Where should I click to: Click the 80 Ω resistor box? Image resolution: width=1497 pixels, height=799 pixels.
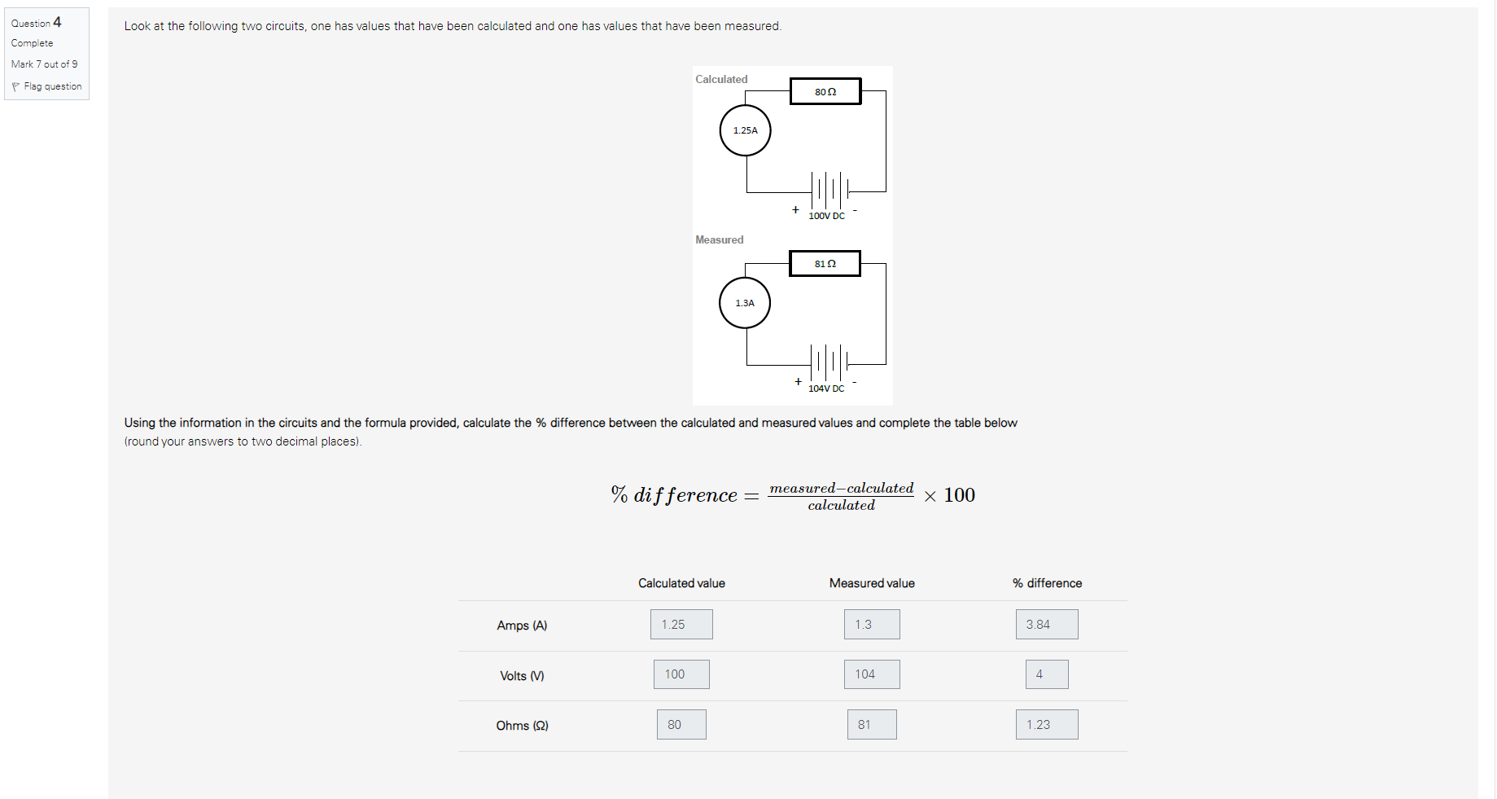click(x=825, y=91)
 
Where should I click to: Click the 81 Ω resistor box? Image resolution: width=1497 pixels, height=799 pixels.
click(x=825, y=264)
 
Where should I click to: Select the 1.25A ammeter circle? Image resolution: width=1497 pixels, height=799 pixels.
click(x=745, y=130)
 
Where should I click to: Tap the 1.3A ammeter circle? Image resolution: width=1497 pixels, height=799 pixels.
click(x=745, y=303)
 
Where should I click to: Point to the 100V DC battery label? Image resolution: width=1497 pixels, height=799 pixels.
click(x=826, y=216)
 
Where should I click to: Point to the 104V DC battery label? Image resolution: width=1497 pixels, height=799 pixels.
click(x=826, y=389)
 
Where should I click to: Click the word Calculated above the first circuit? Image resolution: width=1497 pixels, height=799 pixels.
click(x=721, y=79)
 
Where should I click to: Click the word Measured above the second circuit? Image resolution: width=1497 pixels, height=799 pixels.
click(x=719, y=239)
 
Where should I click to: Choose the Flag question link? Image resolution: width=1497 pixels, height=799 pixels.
click(x=52, y=86)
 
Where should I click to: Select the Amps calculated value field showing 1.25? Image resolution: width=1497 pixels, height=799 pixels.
click(x=681, y=625)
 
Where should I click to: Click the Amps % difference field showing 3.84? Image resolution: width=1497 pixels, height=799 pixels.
click(x=1047, y=625)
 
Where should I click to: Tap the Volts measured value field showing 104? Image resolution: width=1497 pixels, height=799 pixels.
click(x=872, y=674)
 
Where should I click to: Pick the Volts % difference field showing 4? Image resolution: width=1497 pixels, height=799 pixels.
click(x=1047, y=674)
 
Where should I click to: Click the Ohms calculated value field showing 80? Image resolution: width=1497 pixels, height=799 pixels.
click(x=681, y=725)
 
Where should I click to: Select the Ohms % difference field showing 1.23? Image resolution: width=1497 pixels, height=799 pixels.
click(x=1047, y=725)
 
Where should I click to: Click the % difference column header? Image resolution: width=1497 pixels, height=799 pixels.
click(x=1047, y=583)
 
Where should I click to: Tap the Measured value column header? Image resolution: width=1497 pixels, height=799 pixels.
click(x=872, y=583)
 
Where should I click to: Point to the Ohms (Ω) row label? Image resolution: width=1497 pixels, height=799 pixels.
click(x=522, y=726)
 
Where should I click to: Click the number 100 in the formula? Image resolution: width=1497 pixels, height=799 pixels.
click(x=959, y=495)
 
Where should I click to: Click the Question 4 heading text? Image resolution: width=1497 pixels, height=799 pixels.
click(x=37, y=23)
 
